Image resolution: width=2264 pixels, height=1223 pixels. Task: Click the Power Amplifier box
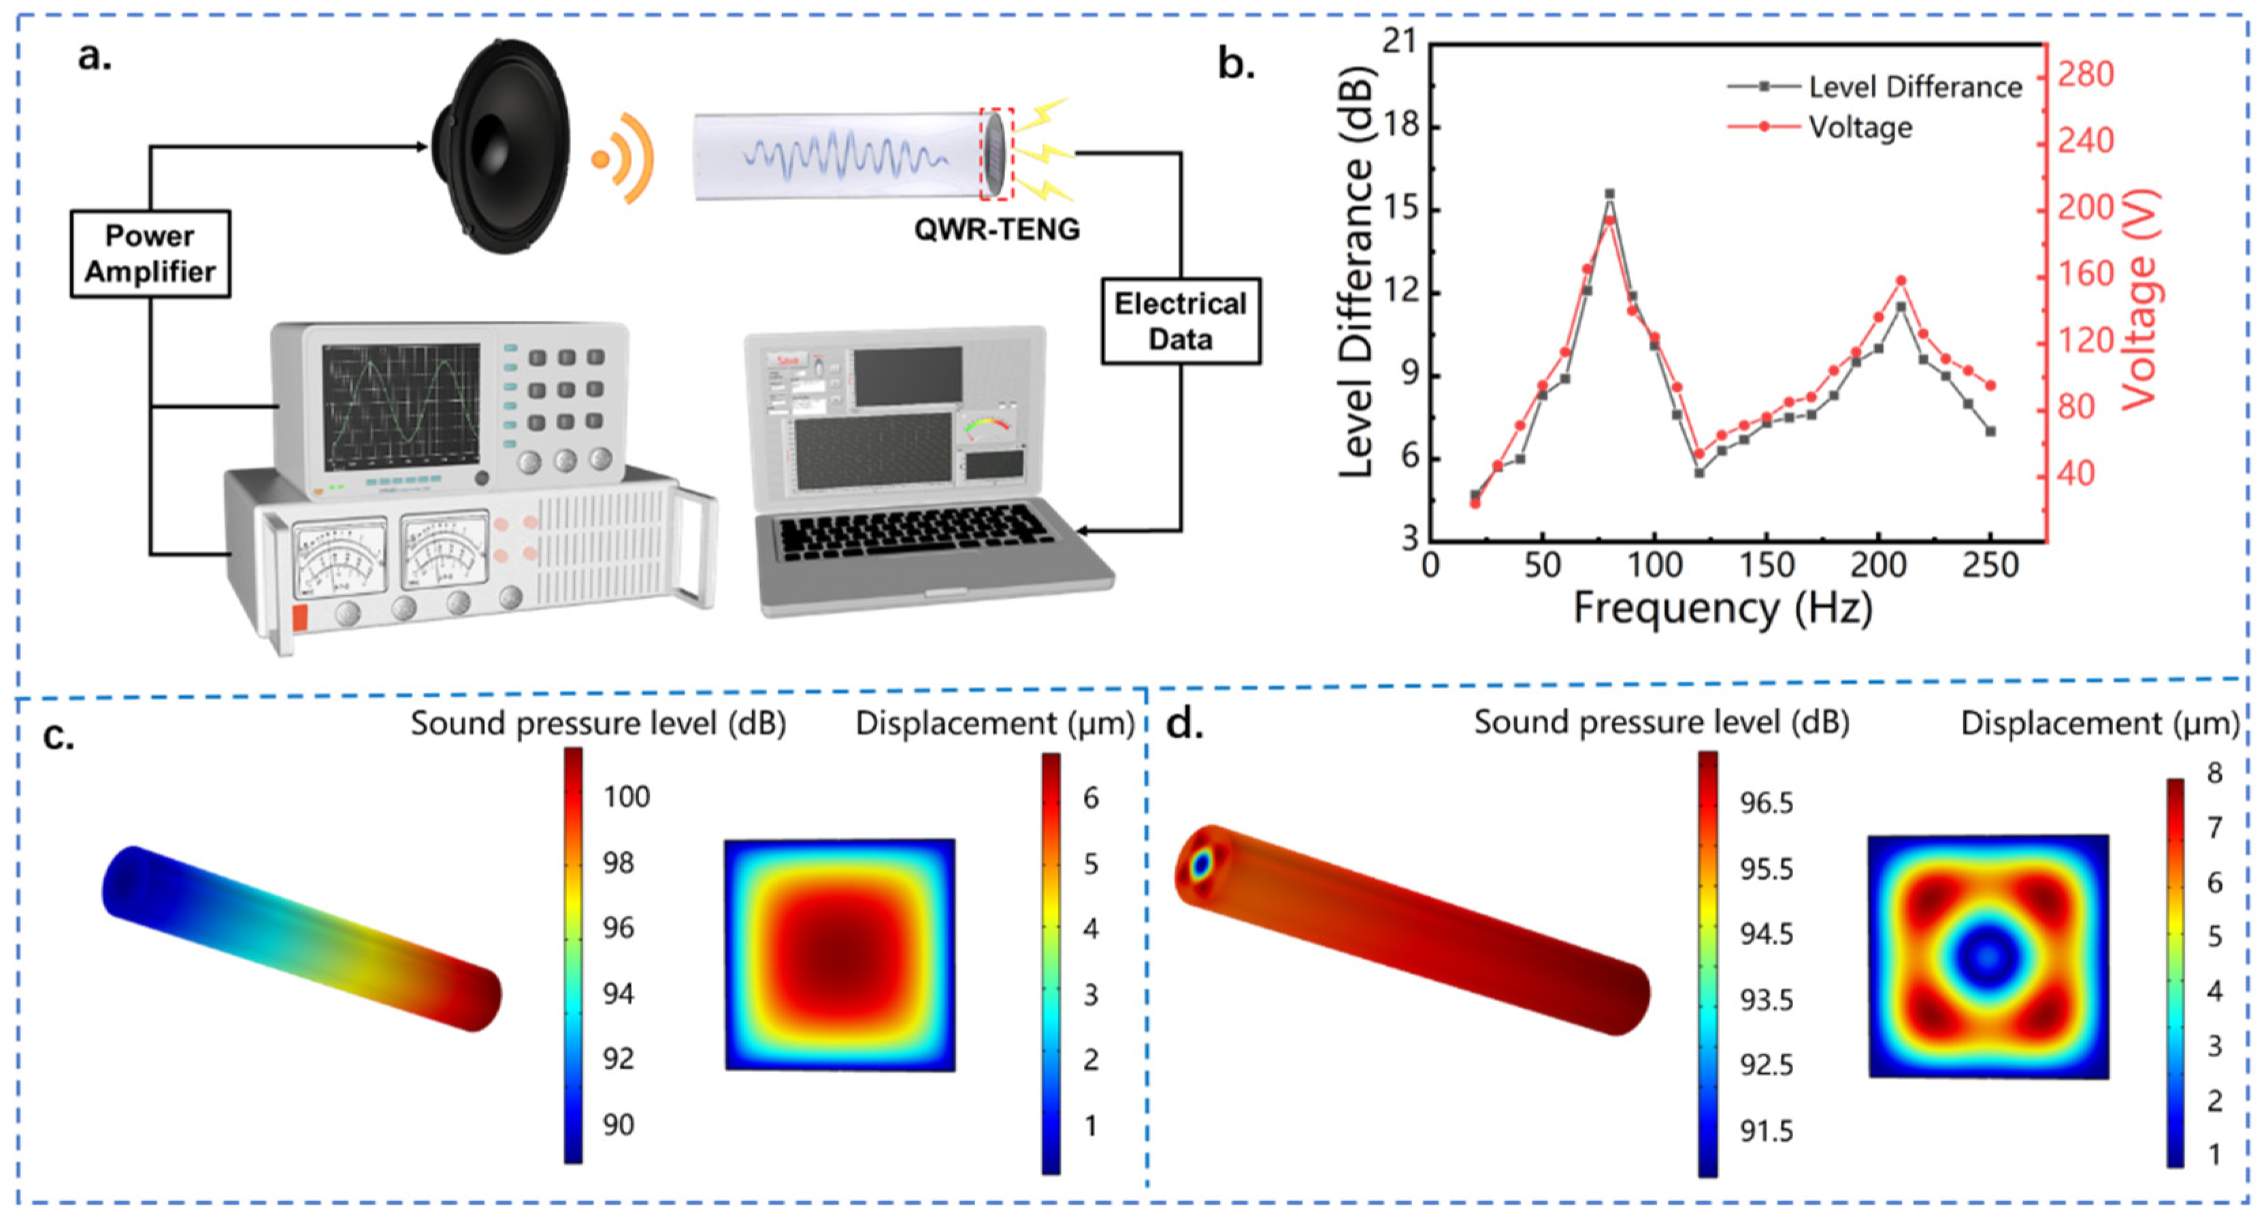pos(150,254)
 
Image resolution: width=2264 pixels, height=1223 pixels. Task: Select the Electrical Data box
pos(1181,322)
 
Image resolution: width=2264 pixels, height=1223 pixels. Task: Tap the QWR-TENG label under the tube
pos(997,229)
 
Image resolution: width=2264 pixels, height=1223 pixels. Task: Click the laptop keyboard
pos(914,532)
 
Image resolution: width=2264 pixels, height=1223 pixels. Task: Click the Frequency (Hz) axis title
pos(1722,608)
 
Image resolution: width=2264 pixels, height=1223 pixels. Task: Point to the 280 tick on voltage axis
pos(2085,74)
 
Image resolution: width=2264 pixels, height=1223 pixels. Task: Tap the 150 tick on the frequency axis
pos(1766,565)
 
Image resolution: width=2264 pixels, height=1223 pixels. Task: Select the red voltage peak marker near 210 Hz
pos(1900,281)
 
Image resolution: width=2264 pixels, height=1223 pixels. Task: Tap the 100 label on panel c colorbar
pos(626,797)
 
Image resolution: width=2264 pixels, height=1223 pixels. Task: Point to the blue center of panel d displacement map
pos(1987,957)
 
